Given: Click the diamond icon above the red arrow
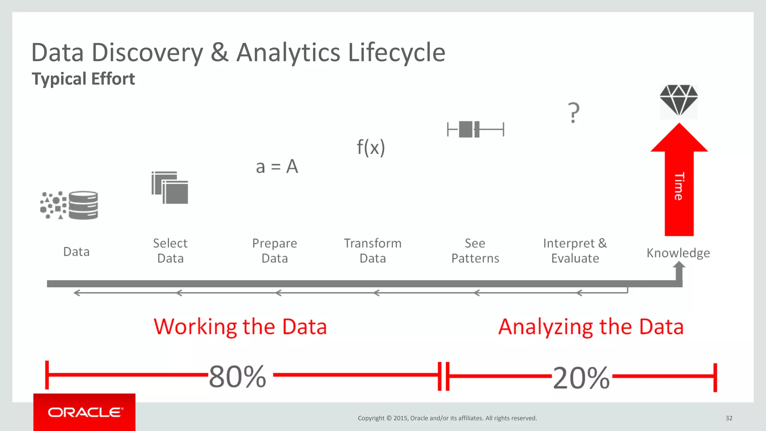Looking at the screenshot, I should tap(678, 100).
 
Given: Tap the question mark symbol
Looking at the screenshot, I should tap(573, 113).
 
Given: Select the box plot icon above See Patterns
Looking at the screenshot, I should tap(475, 129).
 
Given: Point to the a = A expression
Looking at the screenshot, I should tap(277, 166).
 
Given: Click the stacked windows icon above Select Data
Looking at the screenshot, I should tap(170, 188).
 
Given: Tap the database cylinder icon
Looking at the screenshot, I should tap(83, 205).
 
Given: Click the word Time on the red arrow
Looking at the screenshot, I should tap(679, 186).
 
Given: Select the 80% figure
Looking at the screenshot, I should tap(238, 376).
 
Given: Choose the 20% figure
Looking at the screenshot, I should tap(581, 378).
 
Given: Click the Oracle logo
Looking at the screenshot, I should tap(85, 412).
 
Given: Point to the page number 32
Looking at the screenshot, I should tap(729, 418).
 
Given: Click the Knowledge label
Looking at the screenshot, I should tap(678, 253).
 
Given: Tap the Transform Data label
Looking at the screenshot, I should tap(373, 251).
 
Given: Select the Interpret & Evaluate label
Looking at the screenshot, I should tap(575, 251).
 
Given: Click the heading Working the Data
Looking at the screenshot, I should tap(240, 327).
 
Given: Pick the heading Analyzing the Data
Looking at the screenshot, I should tap(591, 327).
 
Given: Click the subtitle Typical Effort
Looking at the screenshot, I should tap(83, 79).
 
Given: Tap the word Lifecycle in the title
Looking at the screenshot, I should tap(396, 52).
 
